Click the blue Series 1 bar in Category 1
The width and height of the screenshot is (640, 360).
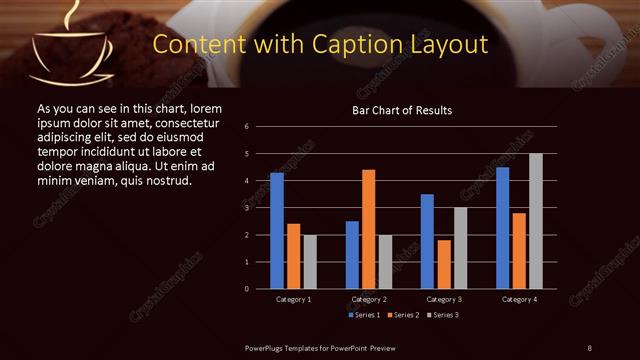pyautogui.click(x=277, y=231)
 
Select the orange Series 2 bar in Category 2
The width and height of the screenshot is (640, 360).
pyautogui.click(x=368, y=229)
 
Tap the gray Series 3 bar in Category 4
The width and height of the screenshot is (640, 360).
pyautogui.click(x=535, y=221)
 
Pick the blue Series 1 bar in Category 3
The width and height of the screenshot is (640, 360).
pyautogui.click(x=427, y=241)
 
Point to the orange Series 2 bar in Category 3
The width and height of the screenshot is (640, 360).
pyautogui.click(x=443, y=264)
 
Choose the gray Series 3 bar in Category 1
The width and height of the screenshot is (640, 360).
pyautogui.click(x=309, y=262)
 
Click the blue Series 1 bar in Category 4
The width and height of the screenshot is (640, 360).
pyautogui.click(x=502, y=228)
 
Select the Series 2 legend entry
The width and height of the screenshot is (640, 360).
pyautogui.click(x=404, y=315)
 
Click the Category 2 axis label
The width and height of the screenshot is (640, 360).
pyautogui.click(x=369, y=299)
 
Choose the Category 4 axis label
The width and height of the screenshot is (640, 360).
pyautogui.click(x=519, y=299)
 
